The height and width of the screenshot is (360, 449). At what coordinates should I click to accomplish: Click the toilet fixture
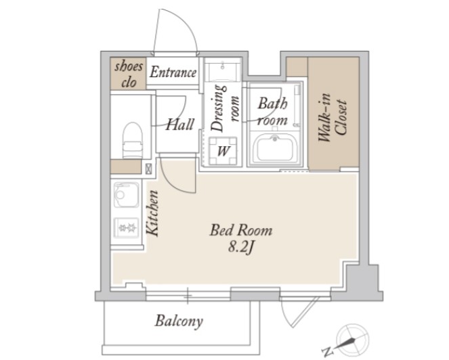133,140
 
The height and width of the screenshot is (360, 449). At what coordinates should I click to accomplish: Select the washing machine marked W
223,151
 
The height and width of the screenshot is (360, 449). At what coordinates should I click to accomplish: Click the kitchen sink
126,194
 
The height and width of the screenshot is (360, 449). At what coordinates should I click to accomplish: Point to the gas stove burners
126,228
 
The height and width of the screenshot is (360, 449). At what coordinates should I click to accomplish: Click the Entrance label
173,72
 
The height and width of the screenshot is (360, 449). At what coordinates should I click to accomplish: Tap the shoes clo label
129,74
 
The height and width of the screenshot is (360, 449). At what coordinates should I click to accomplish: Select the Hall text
179,125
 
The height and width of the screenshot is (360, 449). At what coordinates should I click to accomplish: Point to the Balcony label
179,321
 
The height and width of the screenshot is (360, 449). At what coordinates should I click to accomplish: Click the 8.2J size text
241,247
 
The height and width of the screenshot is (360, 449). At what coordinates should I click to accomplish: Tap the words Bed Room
241,230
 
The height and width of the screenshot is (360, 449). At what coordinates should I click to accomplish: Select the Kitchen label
152,213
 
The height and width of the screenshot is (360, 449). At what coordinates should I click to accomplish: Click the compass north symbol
351,338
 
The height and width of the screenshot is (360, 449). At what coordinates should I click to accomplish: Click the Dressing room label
225,108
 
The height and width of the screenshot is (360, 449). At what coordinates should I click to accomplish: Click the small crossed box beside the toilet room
148,168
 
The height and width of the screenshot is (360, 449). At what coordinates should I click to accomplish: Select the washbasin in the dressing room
223,70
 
